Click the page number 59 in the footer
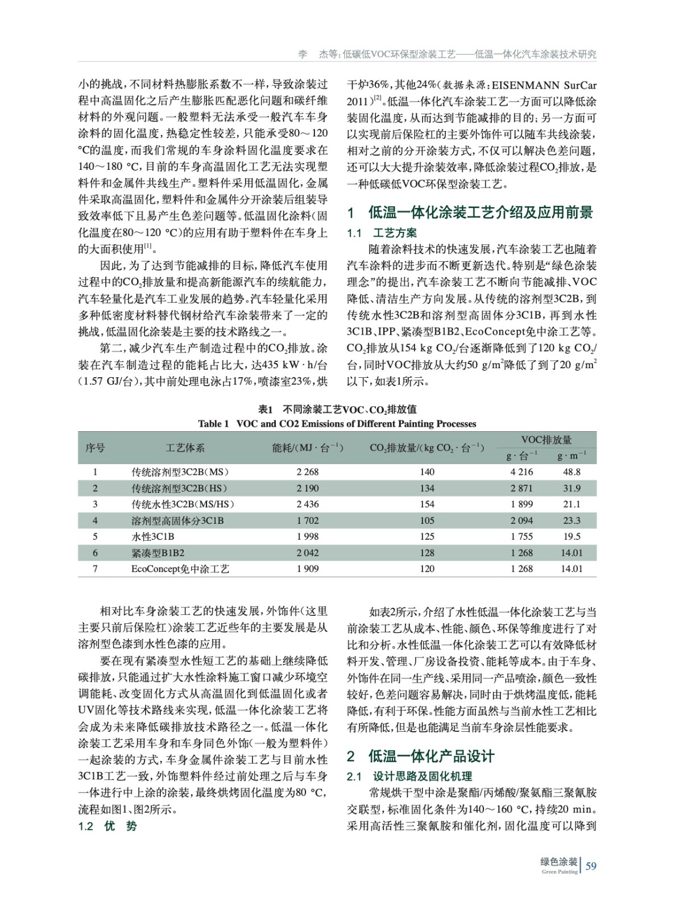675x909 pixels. pos(591,866)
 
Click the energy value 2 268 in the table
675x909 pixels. pos(308,472)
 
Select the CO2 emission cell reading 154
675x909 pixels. pos(427,504)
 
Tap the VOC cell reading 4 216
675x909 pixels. pos(521,472)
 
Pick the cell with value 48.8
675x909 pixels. pos(572,472)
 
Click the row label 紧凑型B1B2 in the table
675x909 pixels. pos(158,553)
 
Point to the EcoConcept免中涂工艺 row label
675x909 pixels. pos(180,569)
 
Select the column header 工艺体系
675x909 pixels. pos(185,448)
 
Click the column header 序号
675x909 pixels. pos(95,448)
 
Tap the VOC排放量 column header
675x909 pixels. pos(546,440)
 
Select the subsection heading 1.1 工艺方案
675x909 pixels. pos(382,232)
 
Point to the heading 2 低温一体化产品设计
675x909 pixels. pos(421,756)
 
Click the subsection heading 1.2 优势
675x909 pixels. pos(107,826)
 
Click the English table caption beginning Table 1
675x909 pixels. pos(337,423)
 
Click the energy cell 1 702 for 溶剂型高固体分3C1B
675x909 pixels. pos(308,520)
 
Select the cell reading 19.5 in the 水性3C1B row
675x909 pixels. pos(572,536)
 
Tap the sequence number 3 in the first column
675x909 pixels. pos(95,504)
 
